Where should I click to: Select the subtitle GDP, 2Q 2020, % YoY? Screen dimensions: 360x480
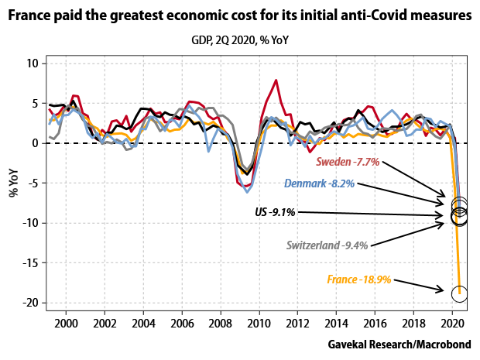click(x=240, y=38)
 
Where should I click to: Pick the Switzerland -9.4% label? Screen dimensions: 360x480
click(x=326, y=245)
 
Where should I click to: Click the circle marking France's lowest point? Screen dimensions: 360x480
click(x=459, y=293)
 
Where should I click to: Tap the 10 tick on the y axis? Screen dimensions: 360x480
click(x=32, y=63)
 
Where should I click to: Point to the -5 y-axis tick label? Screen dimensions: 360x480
click(x=32, y=183)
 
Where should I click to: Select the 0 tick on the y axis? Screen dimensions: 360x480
click(x=35, y=143)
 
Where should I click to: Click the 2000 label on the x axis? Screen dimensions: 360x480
click(x=66, y=321)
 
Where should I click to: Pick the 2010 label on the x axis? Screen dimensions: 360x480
click(x=259, y=321)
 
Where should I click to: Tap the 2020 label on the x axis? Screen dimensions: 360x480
click(x=453, y=321)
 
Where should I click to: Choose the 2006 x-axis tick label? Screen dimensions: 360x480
click(x=182, y=321)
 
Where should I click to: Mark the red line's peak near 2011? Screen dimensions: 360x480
click(x=276, y=80)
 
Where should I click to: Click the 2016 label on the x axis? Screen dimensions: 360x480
click(x=375, y=321)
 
